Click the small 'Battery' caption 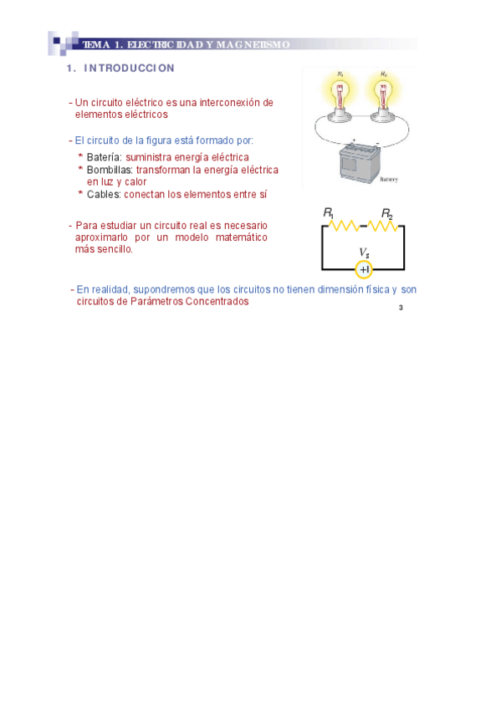[389, 180]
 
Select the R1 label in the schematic [329, 214]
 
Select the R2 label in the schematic [387, 214]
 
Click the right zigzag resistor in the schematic [384, 226]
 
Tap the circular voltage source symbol [364, 269]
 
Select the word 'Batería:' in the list [105, 157]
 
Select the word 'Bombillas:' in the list [110, 170]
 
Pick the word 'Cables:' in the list [104, 194]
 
